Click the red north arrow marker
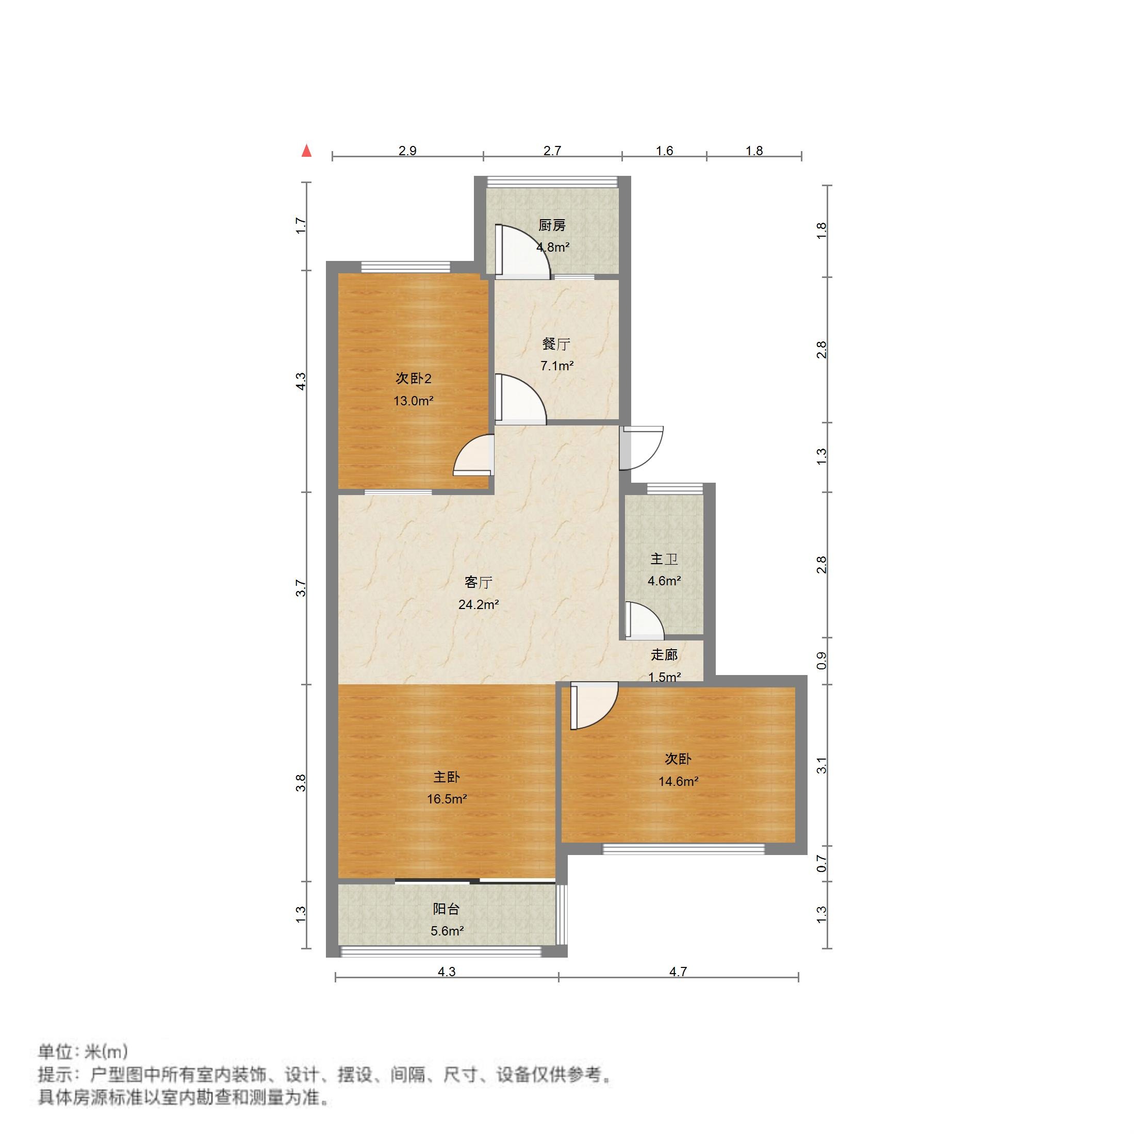(306, 152)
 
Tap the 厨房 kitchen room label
(552, 225)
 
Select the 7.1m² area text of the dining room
(556, 366)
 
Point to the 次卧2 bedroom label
(413, 379)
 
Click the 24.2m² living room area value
(479, 604)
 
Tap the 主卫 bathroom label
(664, 559)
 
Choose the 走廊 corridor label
(664, 654)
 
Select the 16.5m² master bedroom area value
(447, 799)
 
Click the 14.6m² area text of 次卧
(678, 781)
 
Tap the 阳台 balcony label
(446, 909)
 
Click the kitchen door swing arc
(522, 250)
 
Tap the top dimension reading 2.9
(407, 151)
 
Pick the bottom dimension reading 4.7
(678, 972)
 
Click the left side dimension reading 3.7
(301, 587)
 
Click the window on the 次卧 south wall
(684, 849)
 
